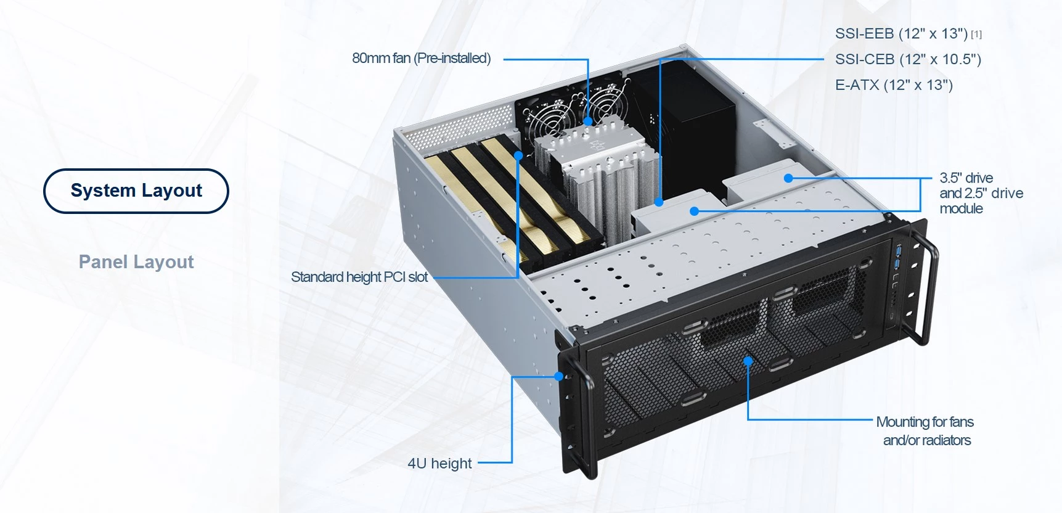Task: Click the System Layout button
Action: (x=136, y=191)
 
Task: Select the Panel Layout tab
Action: (x=136, y=262)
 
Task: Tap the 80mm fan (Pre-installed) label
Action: (x=422, y=59)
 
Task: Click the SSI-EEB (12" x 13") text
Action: (x=901, y=34)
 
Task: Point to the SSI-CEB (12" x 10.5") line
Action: (x=908, y=59)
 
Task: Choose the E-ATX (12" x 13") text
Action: (x=894, y=85)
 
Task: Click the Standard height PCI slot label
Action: (x=359, y=277)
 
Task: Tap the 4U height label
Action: (x=439, y=463)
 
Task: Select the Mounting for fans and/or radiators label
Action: (x=925, y=431)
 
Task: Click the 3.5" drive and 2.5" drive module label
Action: (x=981, y=193)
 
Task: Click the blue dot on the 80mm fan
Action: (x=588, y=121)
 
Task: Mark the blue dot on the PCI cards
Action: (x=518, y=156)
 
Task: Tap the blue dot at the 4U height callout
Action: (x=558, y=376)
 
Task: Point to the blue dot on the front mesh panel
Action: (x=748, y=361)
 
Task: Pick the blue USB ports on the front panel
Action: (x=897, y=258)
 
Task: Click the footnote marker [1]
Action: (x=976, y=35)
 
